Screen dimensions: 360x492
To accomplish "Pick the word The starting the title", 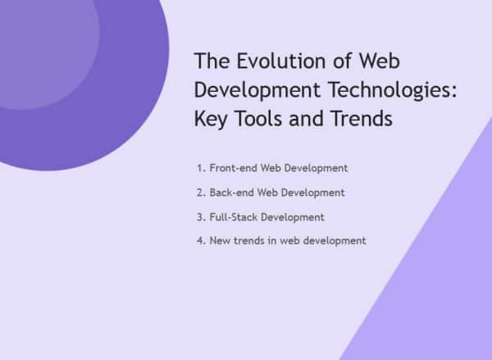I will [x=212, y=62].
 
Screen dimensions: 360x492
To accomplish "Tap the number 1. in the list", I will [x=201, y=168].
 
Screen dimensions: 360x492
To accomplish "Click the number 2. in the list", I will [x=201, y=193].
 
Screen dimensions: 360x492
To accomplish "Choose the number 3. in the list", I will [x=201, y=217].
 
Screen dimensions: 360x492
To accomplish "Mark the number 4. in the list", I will [x=201, y=241].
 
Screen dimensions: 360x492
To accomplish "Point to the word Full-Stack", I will [x=235, y=217].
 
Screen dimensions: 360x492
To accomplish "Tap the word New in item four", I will [x=220, y=241].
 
